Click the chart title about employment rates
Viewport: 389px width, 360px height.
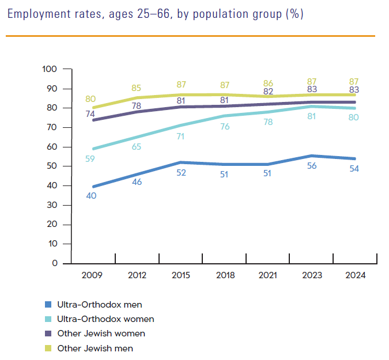155,14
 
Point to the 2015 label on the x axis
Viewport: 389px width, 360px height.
182,275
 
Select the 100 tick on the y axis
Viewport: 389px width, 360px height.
50,69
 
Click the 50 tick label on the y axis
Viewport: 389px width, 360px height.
52,166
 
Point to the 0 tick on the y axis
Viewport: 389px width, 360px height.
55,264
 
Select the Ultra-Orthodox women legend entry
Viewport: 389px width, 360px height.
105,319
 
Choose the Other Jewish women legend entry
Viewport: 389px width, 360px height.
101,334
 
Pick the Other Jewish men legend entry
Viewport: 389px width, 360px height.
95,348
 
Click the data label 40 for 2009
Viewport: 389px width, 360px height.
90,196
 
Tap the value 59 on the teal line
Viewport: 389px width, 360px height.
90,158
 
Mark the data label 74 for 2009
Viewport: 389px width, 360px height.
90,114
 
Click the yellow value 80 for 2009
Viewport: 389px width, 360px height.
90,98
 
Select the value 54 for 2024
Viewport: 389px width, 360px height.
356,168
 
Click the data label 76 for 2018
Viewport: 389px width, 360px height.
225,127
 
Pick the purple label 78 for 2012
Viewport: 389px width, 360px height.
137,105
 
